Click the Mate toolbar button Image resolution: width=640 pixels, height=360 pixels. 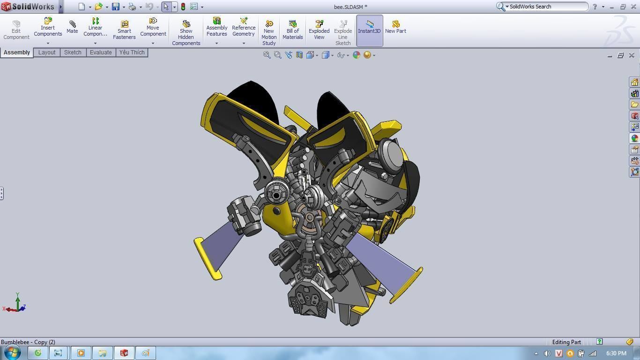[x=72, y=27]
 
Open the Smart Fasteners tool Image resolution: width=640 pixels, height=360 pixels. [x=124, y=30]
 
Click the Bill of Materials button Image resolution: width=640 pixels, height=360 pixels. [x=293, y=30]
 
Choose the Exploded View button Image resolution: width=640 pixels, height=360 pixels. [x=319, y=30]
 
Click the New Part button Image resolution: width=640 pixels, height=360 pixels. [x=395, y=27]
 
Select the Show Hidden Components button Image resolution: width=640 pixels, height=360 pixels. [x=186, y=33]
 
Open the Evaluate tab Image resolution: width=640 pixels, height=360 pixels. [x=101, y=52]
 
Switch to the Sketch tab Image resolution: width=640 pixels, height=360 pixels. [x=73, y=52]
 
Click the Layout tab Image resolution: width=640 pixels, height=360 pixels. [x=47, y=52]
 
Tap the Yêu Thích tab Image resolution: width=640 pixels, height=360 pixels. [x=132, y=52]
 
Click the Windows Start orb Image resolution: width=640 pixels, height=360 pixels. [x=12, y=352]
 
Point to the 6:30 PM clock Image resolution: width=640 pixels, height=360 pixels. [x=616, y=353]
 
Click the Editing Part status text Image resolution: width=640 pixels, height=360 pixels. [x=566, y=342]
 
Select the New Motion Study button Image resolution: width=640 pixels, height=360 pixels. [x=269, y=33]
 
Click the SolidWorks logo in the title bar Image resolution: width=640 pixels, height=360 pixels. [x=28, y=7]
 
